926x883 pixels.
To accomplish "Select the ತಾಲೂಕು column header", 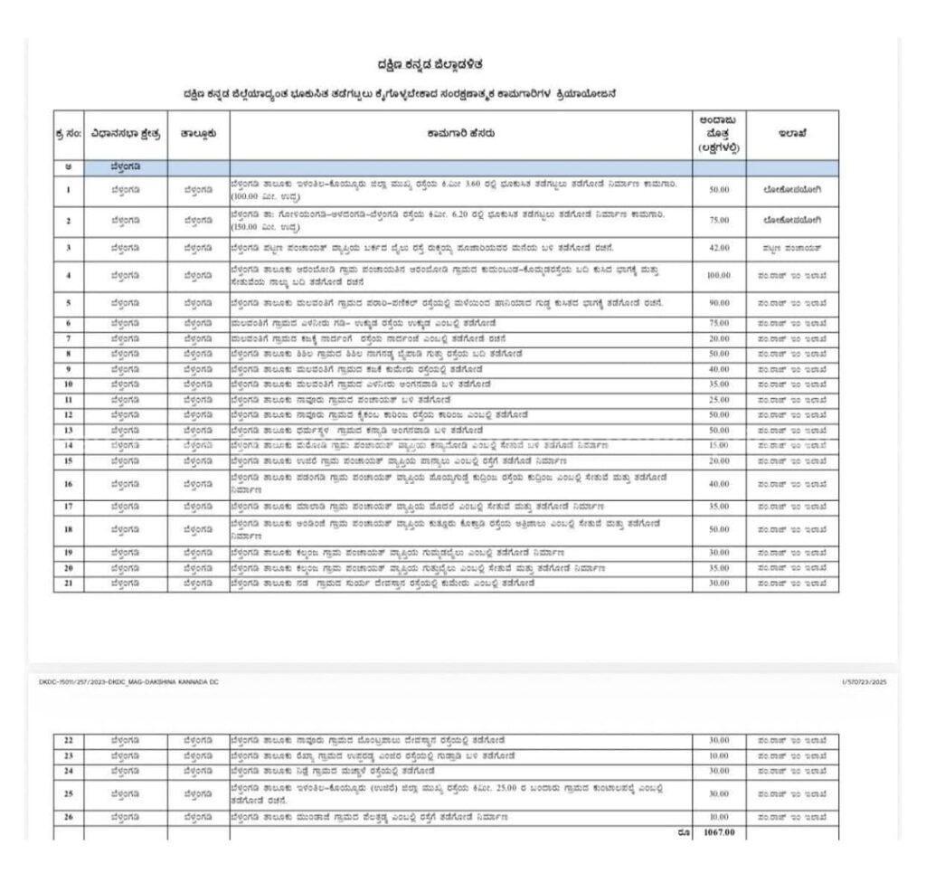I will (x=198, y=133).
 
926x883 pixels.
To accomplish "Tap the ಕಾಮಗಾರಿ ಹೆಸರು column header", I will (x=460, y=133).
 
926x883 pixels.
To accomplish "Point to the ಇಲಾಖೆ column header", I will (x=792, y=133).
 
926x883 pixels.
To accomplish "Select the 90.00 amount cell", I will (x=719, y=302).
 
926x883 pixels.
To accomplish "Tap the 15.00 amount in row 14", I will (x=719, y=445).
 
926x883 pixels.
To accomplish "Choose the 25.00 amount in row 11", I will (x=719, y=399).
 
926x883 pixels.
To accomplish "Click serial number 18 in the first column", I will (x=68, y=528).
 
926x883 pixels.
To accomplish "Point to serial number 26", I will (x=68, y=817).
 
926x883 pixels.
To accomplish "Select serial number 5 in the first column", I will (x=68, y=302).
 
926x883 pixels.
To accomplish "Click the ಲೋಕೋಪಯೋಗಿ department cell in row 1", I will (x=792, y=189).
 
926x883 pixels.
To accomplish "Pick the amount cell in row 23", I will (x=719, y=755).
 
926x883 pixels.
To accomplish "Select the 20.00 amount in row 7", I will (x=719, y=337).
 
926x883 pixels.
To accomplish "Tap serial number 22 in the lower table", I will (x=68, y=740).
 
